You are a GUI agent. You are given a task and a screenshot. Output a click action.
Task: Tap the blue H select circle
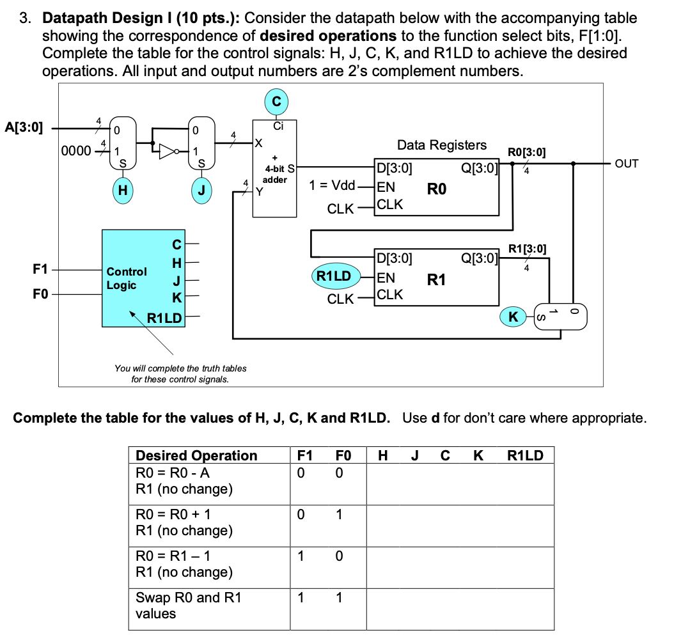[x=122, y=190]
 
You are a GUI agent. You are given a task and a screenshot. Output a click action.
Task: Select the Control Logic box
[x=143, y=279]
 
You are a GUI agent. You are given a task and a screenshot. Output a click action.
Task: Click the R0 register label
[x=437, y=189]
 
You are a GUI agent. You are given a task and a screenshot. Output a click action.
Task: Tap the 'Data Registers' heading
[x=441, y=145]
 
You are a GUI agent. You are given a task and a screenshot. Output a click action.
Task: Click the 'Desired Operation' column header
[x=196, y=455]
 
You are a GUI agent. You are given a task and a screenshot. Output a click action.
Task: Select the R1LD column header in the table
[x=525, y=455]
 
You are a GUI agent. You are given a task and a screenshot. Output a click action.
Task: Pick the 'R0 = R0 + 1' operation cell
[x=173, y=514]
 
